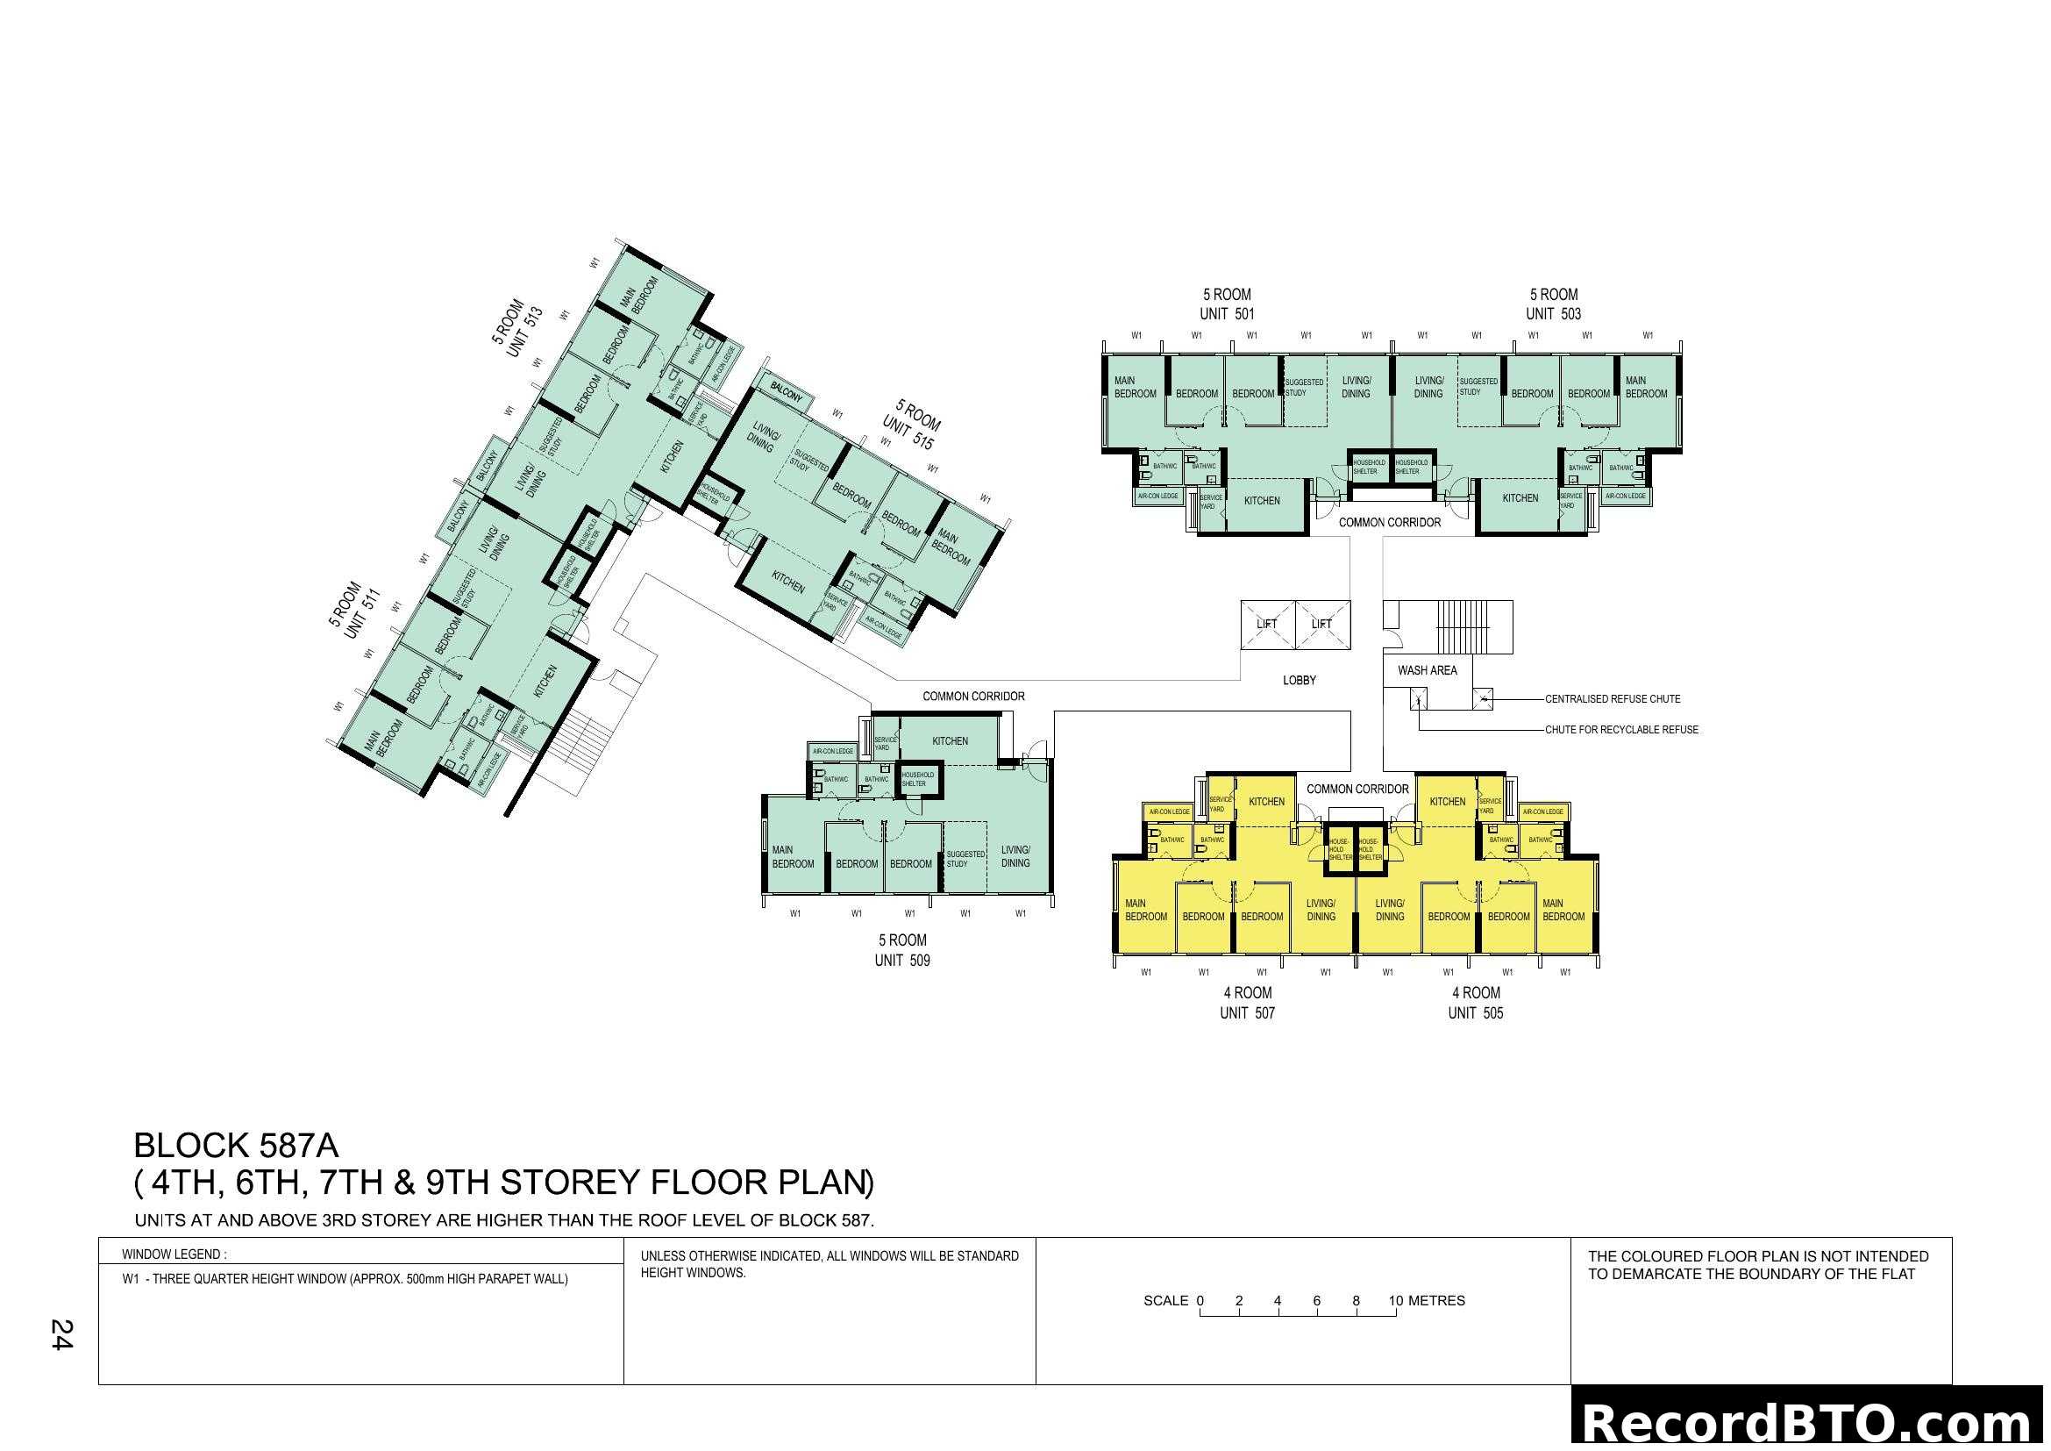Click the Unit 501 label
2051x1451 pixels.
pyautogui.click(x=1227, y=313)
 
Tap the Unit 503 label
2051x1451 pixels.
pyautogui.click(x=1554, y=313)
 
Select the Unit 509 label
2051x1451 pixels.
pyautogui.click(x=902, y=961)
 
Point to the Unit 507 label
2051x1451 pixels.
pyautogui.click(x=1247, y=1013)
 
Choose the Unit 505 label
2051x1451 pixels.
pyautogui.click(x=1476, y=1013)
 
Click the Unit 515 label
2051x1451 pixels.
pyautogui.click(x=908, y=435)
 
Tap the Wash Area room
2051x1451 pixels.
pyautogui.click(x=1427, y=670)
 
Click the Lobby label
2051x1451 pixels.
pyautogui.click(x=1299, y=681)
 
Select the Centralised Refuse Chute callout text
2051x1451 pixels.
pyautogui.click(x=1613, y=699)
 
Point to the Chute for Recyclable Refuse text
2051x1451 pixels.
pyautogui.click(x=1621, y=730)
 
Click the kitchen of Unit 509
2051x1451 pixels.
pyautogui.click(x=950, y=741)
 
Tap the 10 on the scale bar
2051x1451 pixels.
pyautogui.click(x=1395, y=1301)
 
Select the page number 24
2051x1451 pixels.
pyautogui.click(x=61, y=1335)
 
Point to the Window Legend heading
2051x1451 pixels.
pyautogui.click(x=174, y=1254)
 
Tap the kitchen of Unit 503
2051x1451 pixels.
pyautogui.click(x=1520, y=498)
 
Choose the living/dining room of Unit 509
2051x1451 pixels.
pyautogui.click(x=1015, y=857)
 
